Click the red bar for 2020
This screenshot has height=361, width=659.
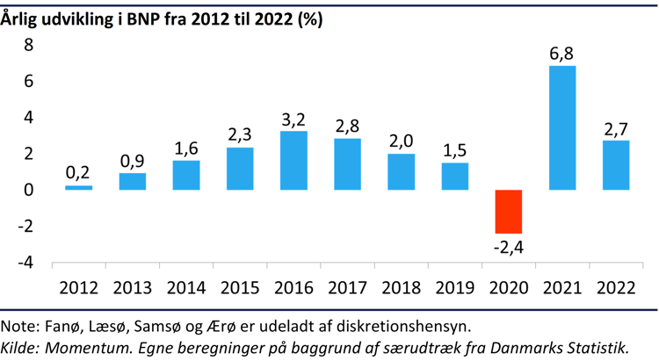tap(508, 212)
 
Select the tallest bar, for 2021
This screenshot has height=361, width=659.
tap(562, 128)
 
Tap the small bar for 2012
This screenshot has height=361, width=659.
tap(78, 187)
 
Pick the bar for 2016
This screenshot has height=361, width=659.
tap(293, 161)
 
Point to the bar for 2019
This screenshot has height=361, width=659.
tap(454, 177)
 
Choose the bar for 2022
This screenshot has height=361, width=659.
tap(615, 165)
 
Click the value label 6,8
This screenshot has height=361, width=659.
tap(562, 53)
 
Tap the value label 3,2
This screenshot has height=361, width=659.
tap(293, 119)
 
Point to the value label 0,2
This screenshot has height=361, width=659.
tap(78, 173)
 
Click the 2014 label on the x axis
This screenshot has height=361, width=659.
tap(185, 287)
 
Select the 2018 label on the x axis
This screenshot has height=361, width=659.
tap(401, 287)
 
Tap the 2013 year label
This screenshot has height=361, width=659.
tap(132, 287)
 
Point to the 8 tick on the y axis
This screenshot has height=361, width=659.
tap(27, 45)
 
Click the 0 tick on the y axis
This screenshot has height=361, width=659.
tap(27, 190)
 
